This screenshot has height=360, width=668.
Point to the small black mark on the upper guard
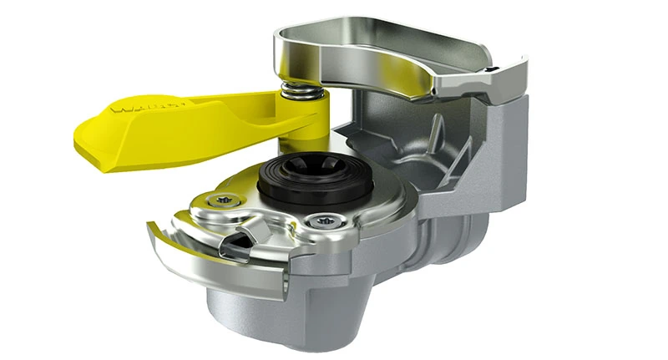click(x=494, y=68)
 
